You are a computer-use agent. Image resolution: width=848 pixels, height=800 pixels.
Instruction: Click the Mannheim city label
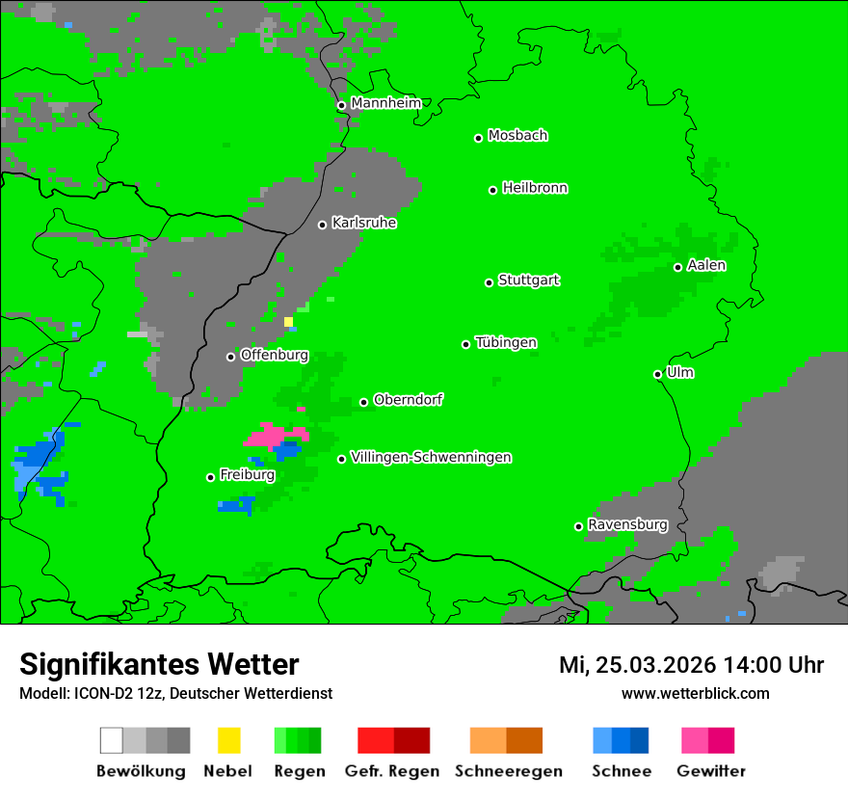coord(385,103)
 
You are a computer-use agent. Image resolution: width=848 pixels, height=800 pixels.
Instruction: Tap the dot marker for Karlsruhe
coord(323,225)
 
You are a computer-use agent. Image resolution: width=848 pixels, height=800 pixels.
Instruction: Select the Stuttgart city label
coord(528,280)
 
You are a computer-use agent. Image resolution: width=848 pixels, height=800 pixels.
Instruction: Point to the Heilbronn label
coord(535,188)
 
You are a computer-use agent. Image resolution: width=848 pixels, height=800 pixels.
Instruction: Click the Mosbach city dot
coord(478,138)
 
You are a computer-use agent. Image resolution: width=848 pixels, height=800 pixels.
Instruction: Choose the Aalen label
coord(706,265)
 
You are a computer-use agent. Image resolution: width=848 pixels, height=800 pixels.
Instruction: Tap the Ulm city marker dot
coord(658,374)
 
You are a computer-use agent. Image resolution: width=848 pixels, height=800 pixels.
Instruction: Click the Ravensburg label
coord(627,525)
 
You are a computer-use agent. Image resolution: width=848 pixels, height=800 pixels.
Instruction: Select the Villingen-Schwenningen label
coord(431,457)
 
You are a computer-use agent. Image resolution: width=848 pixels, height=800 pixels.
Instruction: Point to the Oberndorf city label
coord(408,400)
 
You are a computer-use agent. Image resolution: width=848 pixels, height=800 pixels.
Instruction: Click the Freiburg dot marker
coord(210,477)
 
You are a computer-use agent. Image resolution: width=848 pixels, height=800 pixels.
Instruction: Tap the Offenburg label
coord(274,355)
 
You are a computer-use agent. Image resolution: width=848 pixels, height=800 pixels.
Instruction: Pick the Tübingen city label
coord(506,342)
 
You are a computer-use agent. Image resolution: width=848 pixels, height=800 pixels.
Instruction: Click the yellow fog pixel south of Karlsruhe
coord(288,322)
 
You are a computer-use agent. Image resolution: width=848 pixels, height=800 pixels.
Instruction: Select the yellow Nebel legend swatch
coord(228,740)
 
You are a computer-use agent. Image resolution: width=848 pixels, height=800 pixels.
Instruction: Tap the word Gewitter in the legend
coord(710,771)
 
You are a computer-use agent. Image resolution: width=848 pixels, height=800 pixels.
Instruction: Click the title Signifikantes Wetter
coord(159,664)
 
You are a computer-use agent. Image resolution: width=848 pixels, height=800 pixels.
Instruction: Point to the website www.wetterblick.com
coord(695,693)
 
